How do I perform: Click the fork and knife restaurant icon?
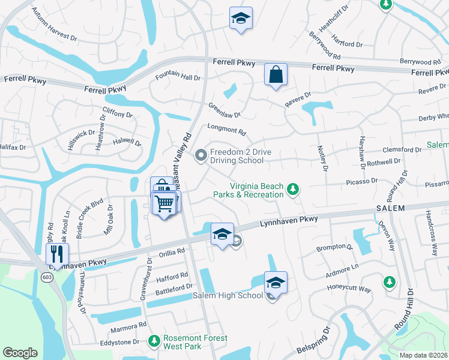click(x=57, y=253)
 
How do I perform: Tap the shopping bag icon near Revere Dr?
click(x=276, y=75)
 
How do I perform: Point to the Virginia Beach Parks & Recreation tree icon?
click(x=293, y=190)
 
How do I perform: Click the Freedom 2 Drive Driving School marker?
click(x=201, y=156)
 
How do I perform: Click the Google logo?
click(x=20, y=352)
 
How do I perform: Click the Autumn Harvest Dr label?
click(x=55, y=25)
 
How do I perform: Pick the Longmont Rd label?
click(x=226, y=130)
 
